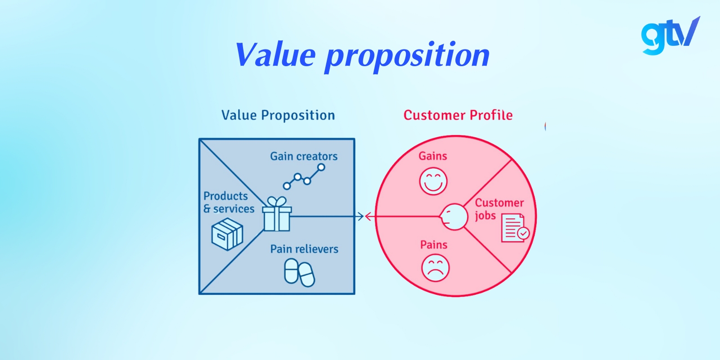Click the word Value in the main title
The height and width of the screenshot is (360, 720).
tap(275, 55)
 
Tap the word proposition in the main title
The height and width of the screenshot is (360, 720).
tap(407, 56)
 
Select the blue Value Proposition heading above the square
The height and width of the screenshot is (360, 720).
tap(278, 115)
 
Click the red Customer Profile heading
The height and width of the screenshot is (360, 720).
tap(458, 115)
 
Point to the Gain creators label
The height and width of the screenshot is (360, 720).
tap(304, 156)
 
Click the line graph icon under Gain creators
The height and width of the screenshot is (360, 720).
tap(304, 177)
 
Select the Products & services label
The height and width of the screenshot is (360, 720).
tap(229, 202)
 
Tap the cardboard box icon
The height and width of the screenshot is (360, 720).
tap(227, 234)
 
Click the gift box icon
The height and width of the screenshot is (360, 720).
tap(277, 215)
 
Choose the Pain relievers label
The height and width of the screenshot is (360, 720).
tap(304, 249)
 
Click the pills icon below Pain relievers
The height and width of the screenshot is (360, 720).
tap(299, 272)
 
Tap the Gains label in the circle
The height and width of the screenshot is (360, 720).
tap(432, 156)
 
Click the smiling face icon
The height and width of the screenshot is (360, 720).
tap(433, 181)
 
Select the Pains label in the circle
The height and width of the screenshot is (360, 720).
tap(433, 245)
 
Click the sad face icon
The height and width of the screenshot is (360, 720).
tap(435, 268)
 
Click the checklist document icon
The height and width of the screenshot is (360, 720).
tap(515, 228)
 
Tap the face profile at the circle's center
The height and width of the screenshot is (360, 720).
tap(454, 217)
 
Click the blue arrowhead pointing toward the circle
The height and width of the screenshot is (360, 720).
tap(360, 216)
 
